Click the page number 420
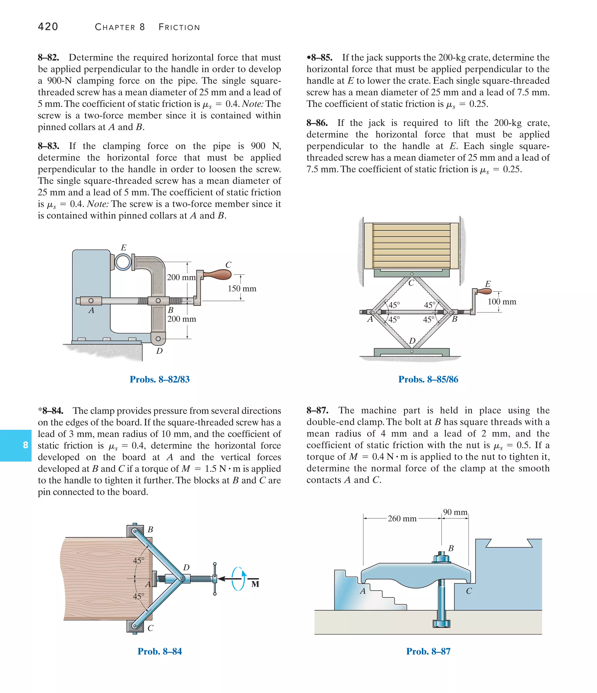pyautogui.click(x=48, y=27)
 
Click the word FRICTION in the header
pyautogui.click(x=179, y=27)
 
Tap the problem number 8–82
pyautogui.click(x=48, y=57)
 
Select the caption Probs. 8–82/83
pyautogui.click(x=159, y=379)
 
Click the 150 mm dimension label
pyautogui.click(x=242, y=289)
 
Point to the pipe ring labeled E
pyautogui.click(x=123, y=262)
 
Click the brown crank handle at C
pyautogui.click(x=218, y=275)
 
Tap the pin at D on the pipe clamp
pyautogui.click(x=158, y=339)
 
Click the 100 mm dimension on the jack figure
pyautogui.click(x=502, y=302)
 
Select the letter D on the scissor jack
pyautogui.click(x=412, y=341)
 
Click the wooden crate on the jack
pyautogui.click(x=411, y=246)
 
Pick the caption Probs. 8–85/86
pyautogui.click(x=428, y=379)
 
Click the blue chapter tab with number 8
pyautogui.click(x=16, y=445)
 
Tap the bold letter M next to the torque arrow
pyautogui.click(x=255, y=584)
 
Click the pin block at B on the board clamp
pyautogui.click(x=134, y=531)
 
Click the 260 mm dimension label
pyautogui.click(x=402, y=519)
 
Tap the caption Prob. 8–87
pyautogui.click(x=428, y=651)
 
